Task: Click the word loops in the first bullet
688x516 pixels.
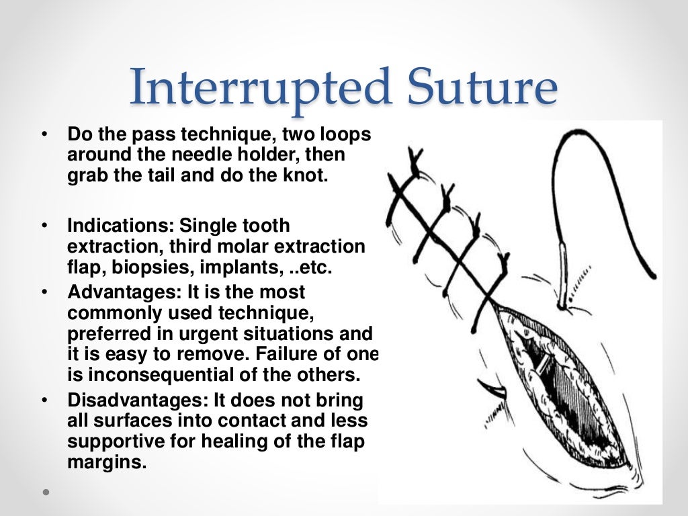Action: coord(341,135)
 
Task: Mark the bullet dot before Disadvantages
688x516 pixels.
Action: coord(44,401)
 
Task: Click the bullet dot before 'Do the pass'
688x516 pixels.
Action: coord(44,135)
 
